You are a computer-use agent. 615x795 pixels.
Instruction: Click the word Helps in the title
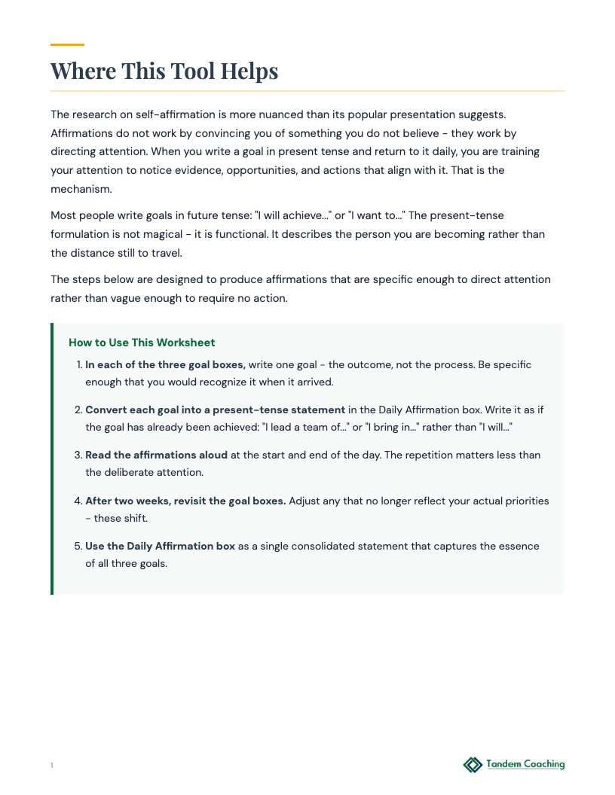(249, 72)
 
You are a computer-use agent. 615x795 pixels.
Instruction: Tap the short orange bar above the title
(67, 45)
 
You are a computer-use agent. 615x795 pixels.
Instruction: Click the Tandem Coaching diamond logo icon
(473, 765)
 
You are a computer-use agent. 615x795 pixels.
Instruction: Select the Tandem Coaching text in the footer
(525, 764)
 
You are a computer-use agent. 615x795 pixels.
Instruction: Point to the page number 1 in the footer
(52, 766)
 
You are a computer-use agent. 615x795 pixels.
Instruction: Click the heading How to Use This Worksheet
(142, 343)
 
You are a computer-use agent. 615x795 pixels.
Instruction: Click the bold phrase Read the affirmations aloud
(156, 455)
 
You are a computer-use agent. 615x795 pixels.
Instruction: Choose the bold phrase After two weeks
(129, 501)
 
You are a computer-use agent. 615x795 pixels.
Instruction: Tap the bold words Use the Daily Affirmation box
(160, 546)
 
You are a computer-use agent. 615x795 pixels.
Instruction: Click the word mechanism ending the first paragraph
(81, 189)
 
